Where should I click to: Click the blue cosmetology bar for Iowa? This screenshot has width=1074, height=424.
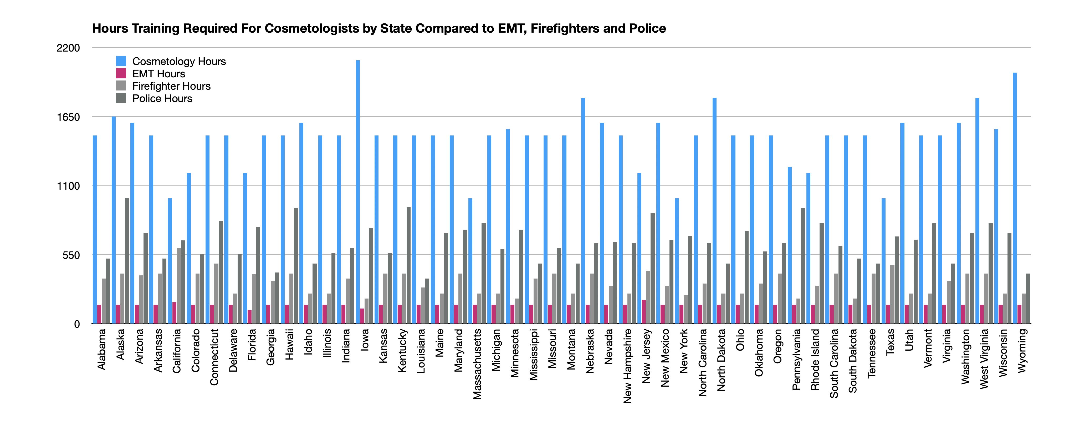click(x=358, y=192)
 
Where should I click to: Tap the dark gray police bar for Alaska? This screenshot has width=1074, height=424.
click(x=127, y=261)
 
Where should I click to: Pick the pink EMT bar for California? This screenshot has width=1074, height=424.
click(x=174, y=313)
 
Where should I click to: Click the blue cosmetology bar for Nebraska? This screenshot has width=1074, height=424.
click(x=583, y=211)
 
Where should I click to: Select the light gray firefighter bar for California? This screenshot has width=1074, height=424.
click(x=179, y=286)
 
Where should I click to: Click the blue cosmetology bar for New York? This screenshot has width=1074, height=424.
click(x=677, y=261)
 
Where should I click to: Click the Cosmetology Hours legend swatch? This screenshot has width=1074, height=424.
click(x=121, y=61)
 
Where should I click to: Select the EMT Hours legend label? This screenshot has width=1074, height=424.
click(x=158, y=74)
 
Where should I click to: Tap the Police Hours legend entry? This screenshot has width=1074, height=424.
click(x=162, y=98)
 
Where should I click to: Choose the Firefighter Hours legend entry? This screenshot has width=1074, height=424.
click(x=171, y=86)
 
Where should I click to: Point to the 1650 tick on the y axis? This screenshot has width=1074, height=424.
click(x=68, y=117)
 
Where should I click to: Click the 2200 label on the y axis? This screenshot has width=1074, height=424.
click(x=68, y=48)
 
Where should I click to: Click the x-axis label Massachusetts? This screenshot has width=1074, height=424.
click(x=477, y=364)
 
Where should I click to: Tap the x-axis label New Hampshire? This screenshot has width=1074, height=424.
click(x=627, y=366)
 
